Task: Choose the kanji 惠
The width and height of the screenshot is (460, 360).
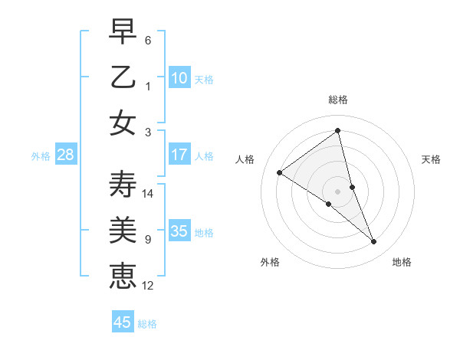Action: point(123,275)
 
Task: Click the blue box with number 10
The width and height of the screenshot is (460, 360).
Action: point(179,78)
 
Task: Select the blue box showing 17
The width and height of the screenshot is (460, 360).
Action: point(179,155)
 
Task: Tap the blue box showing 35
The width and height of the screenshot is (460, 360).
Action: point(179,231)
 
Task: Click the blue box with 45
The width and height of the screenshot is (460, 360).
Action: point(123,322)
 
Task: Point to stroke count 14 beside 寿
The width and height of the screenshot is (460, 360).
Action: point(148,194)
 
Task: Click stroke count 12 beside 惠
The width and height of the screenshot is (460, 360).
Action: point(148,286)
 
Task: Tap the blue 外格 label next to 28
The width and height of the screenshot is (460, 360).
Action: point(41,156)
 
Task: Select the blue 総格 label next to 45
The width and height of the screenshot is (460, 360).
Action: point(147,324)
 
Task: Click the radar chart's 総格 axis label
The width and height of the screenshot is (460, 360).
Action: point(337,100)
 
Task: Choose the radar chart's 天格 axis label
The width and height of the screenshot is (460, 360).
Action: point(431,159)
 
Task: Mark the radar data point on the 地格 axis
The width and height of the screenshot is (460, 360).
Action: point(374,241)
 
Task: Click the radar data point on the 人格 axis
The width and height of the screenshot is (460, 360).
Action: point(280,172)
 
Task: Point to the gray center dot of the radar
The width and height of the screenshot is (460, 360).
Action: point(337,191)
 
